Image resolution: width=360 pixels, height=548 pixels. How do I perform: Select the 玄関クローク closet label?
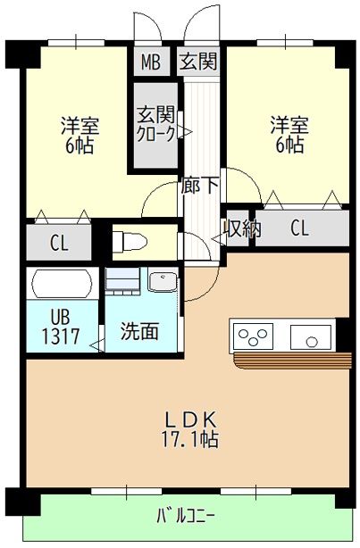click(x=155, y=124)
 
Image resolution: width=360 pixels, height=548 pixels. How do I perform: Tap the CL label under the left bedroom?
click(x=59, y=241)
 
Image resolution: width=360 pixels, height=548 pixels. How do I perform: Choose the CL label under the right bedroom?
click(x=299, y=228)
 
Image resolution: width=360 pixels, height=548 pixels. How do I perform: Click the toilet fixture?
click(x=131, y=241)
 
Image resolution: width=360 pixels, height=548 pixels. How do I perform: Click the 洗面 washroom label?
click(x=140, y=331)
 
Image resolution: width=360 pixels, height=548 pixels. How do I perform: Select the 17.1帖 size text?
click(x=190, y=439)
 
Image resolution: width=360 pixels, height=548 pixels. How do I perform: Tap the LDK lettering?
click(x=190, y=418)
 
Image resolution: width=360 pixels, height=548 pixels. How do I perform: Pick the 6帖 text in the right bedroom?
click(x=289, y=145)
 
